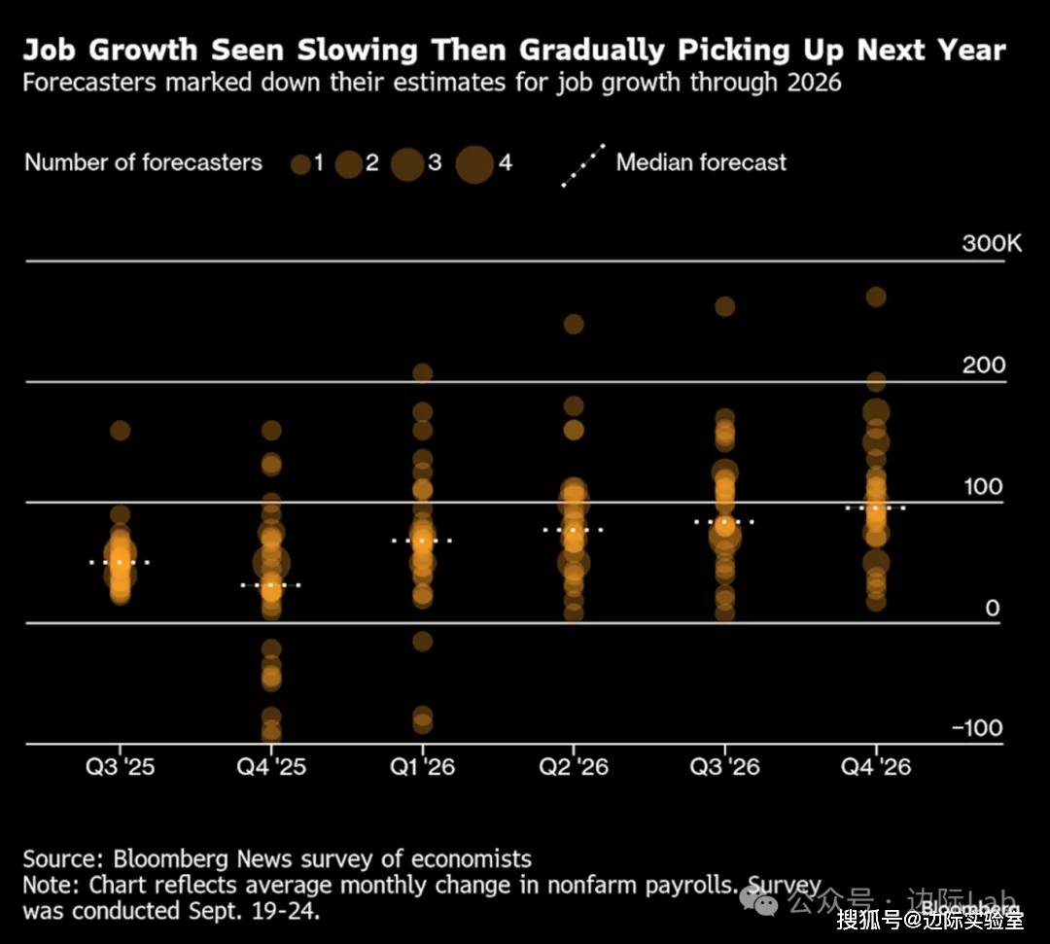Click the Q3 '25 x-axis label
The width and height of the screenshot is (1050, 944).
[120, 767]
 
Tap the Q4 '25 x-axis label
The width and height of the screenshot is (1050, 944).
[271, 767]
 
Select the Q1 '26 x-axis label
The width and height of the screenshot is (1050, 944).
[422, 767]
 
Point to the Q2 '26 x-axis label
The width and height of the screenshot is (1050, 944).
[574, 767]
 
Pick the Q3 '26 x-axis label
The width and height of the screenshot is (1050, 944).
[724, 767]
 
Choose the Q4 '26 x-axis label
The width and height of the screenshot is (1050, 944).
[876, 767]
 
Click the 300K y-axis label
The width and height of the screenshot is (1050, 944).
[992, 243]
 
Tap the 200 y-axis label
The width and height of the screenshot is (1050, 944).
[984, 366]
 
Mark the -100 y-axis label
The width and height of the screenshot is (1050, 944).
[977, 729]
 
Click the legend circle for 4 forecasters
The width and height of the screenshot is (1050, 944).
[474, 163]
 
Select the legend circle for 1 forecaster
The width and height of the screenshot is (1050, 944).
[300, 164]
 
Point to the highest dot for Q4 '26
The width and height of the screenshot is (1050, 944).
[876, 297]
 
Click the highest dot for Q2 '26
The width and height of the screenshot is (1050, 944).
[574, 324]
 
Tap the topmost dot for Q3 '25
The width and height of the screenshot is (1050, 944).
[120, 430]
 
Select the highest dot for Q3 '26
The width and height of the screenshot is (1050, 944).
[724, 306]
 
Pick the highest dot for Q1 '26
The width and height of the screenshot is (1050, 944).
[422, 372]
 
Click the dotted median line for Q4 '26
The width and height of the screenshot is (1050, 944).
[876, 507]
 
